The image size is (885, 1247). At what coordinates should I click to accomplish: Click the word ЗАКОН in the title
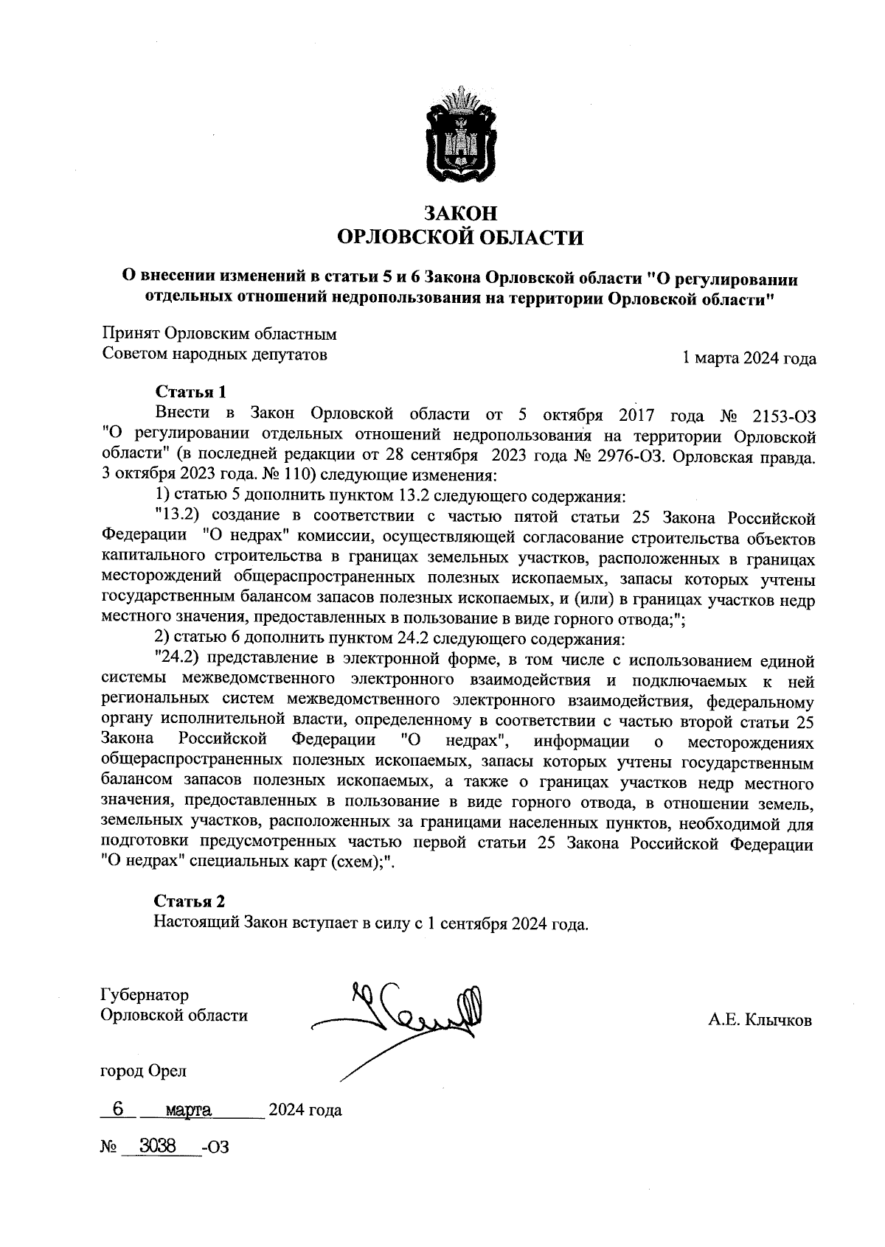click(x=460, y=213)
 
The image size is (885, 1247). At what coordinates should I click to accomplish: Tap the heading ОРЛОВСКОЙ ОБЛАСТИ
click(x=460, y=237)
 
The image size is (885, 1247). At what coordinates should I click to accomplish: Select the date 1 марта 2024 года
click(x=749, y=358)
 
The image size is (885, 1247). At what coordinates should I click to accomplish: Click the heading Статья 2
click(x=189, y=901)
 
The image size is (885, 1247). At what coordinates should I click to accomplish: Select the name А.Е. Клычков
click(x=760, y=1021)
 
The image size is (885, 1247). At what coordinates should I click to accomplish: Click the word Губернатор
click(x=145, y=995)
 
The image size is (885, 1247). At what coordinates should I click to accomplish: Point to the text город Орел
click(x=143, y=1070)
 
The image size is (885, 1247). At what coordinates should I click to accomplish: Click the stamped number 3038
click(x=158, y=1145)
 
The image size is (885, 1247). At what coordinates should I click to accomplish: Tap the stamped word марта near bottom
click(x=189, y=1109)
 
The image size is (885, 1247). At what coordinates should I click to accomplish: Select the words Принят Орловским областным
click(x=219, y=334)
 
